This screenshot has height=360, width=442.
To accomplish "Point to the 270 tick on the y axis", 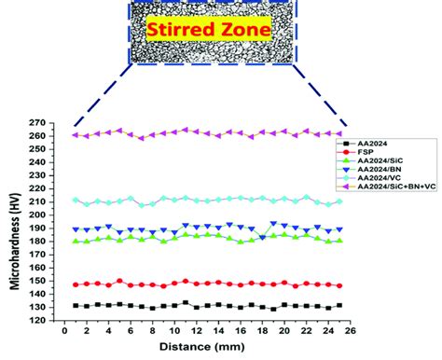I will click(x=40, y=122).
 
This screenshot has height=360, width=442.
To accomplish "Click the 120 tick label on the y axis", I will click(x=40, y=320).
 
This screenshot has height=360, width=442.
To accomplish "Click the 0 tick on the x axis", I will click(x=64, y=329).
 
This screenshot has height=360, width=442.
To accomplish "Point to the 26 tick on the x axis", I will click(x=350, y=329).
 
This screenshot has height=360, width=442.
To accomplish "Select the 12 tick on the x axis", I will click(x=196, y=329).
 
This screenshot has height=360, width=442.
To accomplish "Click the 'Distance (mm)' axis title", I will click(x=207, y=347).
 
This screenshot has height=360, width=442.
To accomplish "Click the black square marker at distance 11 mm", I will click(x=186, y=302).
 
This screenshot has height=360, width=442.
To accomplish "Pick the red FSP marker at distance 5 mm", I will click(x=119, y=280).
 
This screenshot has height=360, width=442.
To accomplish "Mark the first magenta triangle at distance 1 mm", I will click(x=76, y=135).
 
